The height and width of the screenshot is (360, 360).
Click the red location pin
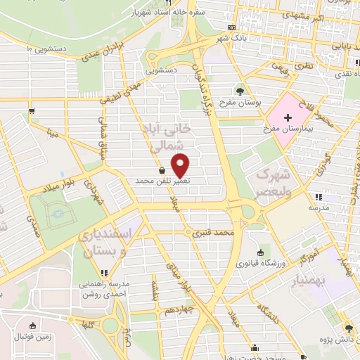tap(181, 165)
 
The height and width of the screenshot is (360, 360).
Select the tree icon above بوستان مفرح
tap(240, 91)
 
